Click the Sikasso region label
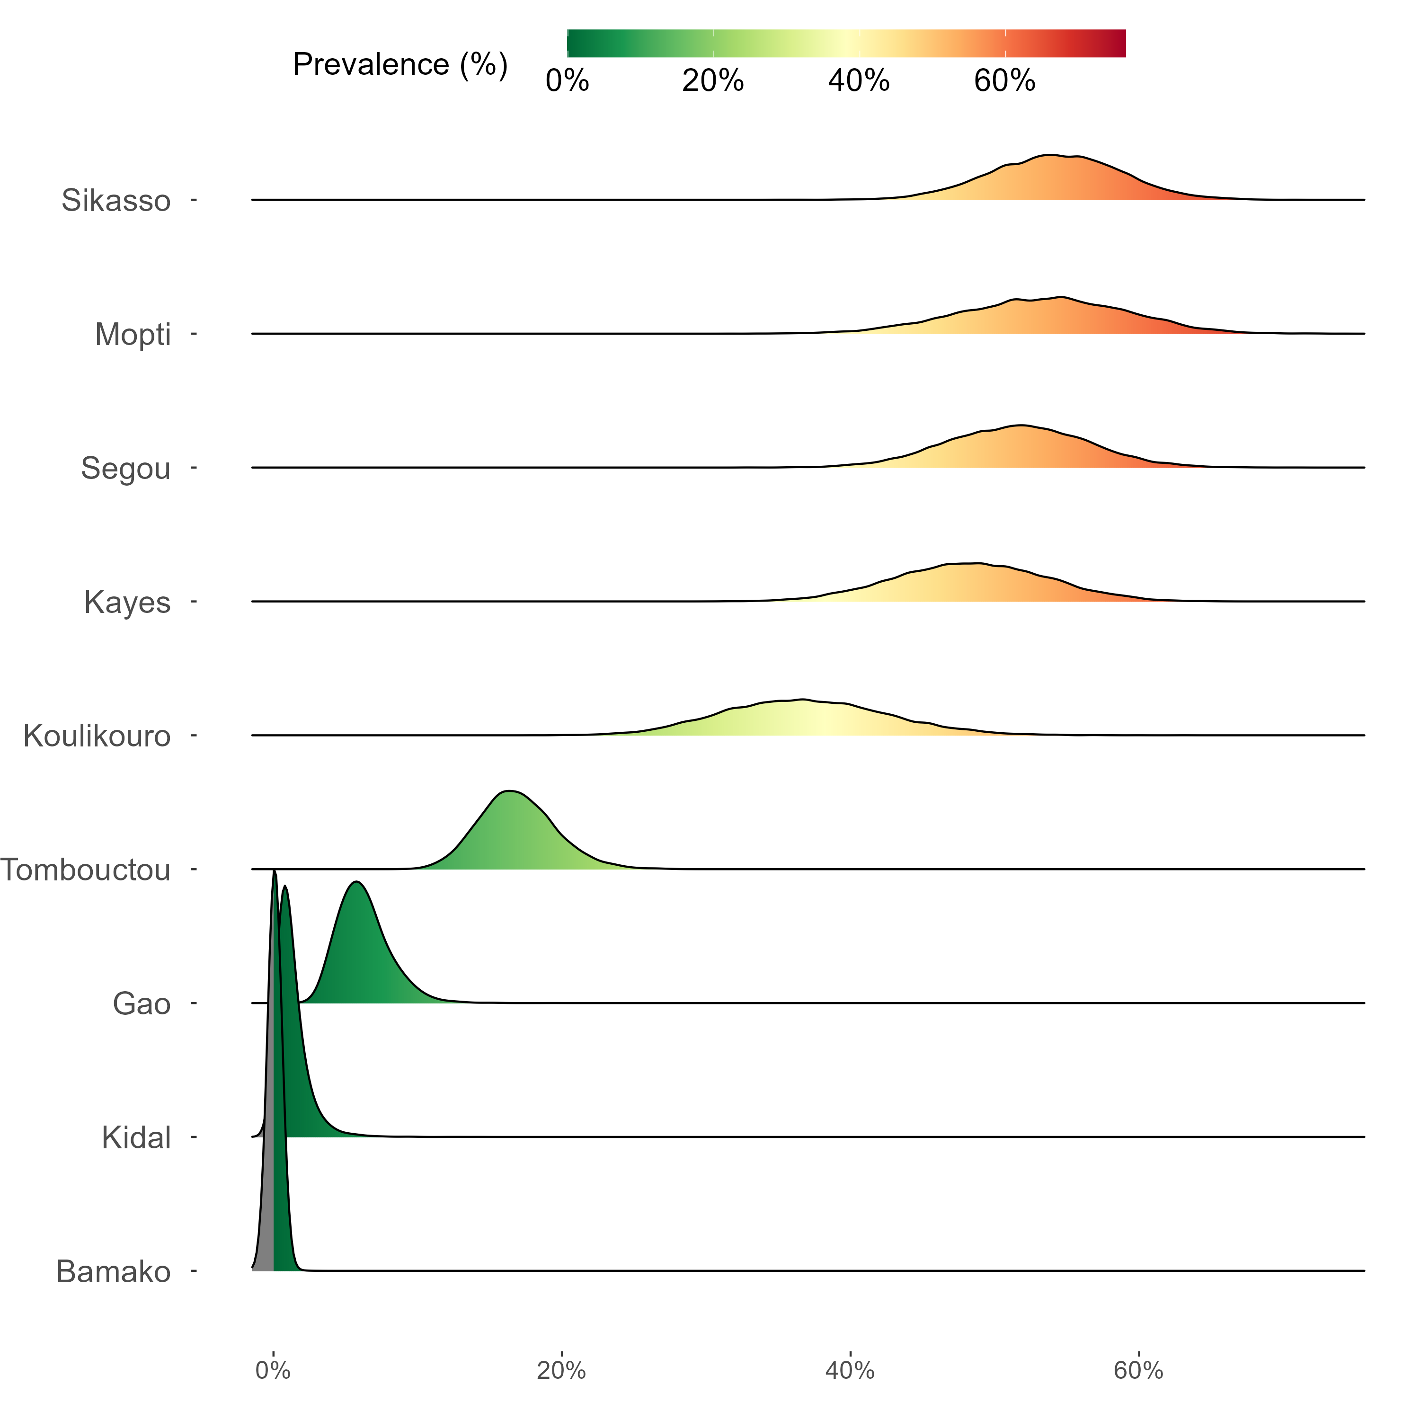tap(116, 201)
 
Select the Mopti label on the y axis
tap(133, 335)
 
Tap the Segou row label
tap(126, 469)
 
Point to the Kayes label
tap(127, 603)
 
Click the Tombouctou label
tap(85, 870)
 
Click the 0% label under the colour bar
tap(568, 81)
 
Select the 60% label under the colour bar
tap(1005, 81)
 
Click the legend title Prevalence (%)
tap(400, 65)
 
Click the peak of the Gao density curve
tap(356, 882)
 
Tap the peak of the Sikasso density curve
tap(1051, 156)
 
